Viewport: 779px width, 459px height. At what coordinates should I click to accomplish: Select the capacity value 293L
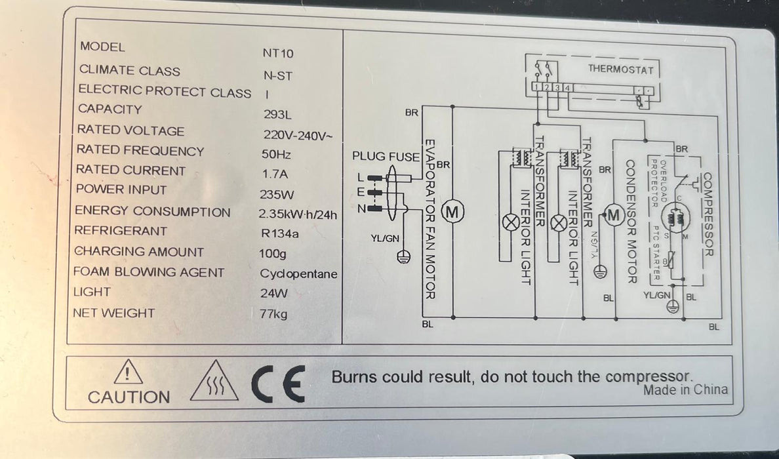[277, 115]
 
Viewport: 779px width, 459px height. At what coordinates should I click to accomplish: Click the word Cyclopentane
[298, 273]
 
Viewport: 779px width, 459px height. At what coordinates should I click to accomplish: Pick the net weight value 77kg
[273, 314]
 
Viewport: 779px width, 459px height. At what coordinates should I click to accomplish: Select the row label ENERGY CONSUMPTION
[152, 212]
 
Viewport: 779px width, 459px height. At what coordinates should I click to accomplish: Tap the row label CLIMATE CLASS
[129, 70]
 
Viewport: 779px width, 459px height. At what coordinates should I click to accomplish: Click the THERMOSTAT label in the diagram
[620, 70]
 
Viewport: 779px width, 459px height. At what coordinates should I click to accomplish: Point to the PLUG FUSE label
[386, 157]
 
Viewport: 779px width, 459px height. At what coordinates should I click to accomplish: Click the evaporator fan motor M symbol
[454, 211]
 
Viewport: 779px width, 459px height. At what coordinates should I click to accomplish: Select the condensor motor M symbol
[614, 215]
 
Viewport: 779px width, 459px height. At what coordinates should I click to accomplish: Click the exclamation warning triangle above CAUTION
[128, 374]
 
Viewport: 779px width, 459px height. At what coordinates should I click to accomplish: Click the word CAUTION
[129, 397]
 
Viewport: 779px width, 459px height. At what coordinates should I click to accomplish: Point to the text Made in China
[685, 389]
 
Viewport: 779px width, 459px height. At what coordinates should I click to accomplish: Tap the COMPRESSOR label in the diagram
[707, 216]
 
